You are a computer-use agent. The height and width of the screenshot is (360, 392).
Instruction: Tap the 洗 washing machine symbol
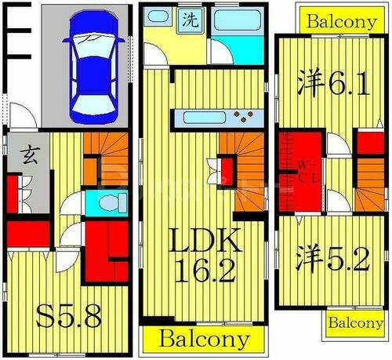pos(191,20)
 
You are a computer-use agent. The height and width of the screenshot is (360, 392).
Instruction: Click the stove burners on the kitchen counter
pos(247,119)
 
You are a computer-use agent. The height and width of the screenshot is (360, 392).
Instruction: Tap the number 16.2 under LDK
pos(202,272)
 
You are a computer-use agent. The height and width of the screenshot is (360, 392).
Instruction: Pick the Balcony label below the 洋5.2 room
pos(356,322)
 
